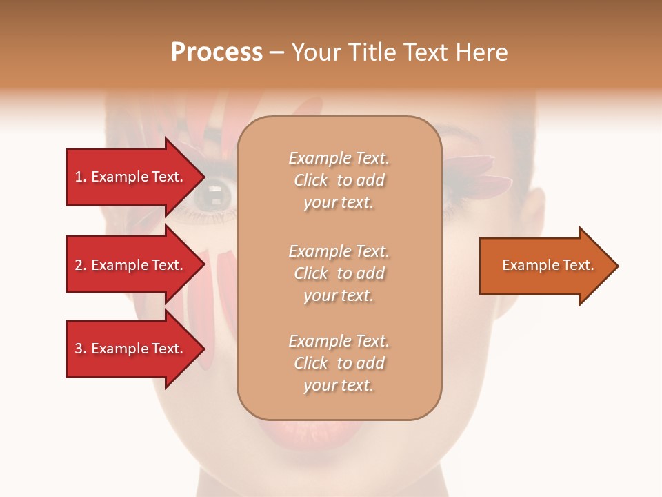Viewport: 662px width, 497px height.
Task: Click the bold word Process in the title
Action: [x=217, y=52]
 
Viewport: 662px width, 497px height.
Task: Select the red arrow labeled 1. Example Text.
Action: [x=131, y=177]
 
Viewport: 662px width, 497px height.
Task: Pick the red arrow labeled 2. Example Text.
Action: [x=131, y=265]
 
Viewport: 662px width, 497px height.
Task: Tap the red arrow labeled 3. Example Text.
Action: [x=131, y=349]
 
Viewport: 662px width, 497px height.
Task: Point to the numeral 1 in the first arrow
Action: [x=79, y=177]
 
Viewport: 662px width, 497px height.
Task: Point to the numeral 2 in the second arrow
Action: [x=79, y=265]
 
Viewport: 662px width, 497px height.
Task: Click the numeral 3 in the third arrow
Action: [x=79, y=349]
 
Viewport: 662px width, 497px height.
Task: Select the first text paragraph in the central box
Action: [x=339, y=180]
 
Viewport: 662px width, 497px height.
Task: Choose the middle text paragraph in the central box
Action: [x=339, y=273]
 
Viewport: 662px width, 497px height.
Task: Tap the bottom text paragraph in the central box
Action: [x=339, y=363]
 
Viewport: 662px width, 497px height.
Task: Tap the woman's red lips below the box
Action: [x=338, y=435]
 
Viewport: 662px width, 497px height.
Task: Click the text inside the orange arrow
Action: [x=548, y=265]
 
